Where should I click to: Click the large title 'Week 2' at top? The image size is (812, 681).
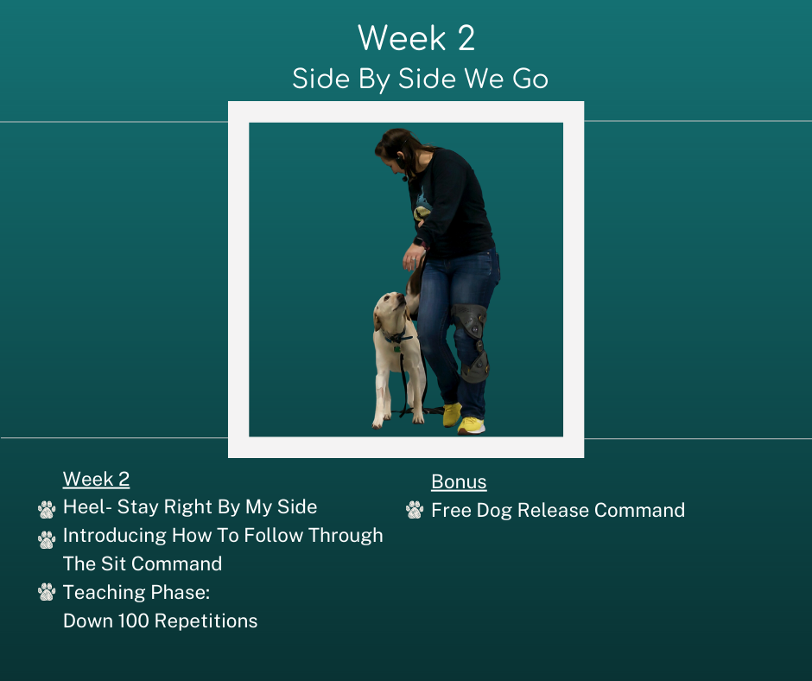[x=416, y=38]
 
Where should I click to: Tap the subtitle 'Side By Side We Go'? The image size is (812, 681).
[x=420, y=80]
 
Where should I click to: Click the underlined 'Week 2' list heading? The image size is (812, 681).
[x=97, y=479]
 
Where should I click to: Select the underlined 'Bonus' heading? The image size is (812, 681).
[x=459, y=481]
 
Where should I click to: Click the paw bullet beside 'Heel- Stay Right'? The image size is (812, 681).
[x=47, y=509]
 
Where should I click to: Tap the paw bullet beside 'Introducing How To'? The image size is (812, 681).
[x=47, y=539]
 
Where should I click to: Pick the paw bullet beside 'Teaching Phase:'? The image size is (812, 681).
[x=47, y=592]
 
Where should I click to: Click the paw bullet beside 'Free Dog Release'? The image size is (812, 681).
[x=415, y=510]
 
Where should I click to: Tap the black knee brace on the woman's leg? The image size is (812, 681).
[x=472, y=342]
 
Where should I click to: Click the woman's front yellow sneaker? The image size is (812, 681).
[x=471, y=425]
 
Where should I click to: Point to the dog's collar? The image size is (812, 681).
[x=396, y=338]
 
